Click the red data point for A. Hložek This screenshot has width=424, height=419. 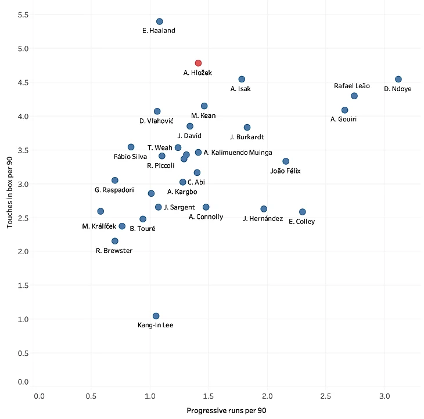click(x=198, y=63)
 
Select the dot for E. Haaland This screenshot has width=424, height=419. click(x=160, y=21)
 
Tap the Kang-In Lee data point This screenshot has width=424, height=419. click(x=156, y=316)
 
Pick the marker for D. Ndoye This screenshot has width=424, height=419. click(x=398, y=80)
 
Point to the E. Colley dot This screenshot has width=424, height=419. click(x=302, y=212)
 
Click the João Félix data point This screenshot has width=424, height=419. click(x=286, y=161)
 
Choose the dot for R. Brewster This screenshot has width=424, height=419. click(x=115, y=241)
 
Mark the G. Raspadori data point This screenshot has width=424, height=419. click(x=115, y=180)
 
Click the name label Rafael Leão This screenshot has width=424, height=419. click(x=351, y=86)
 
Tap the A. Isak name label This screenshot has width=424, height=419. click(x=240, y=89)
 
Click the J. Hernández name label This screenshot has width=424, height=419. click(x=263, y=219)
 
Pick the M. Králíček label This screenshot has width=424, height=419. click(x=101, y=226)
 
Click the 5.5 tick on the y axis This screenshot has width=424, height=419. click(x=23, y=14)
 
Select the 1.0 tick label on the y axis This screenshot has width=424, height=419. click(x=23, y=319)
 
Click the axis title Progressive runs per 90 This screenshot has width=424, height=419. click(x=226, y=410)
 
